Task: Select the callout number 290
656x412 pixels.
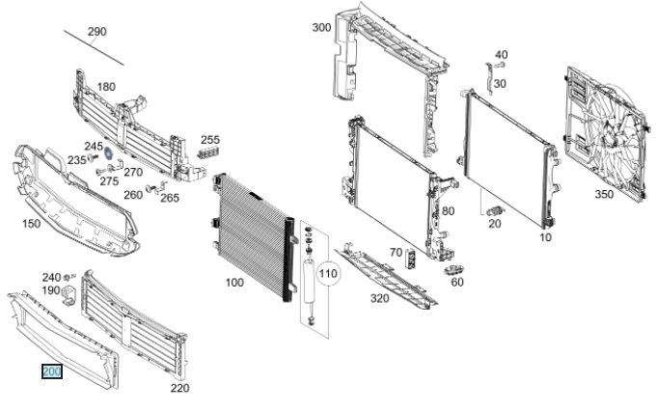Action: pyautogui.click(x=96, y=32)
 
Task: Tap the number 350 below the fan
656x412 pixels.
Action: pyautogui.click(x=603, y=194)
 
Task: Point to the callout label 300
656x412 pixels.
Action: pyautogui.click(x=320, y=27)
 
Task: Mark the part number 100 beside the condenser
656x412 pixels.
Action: pyautogui.click(x=233, y=283)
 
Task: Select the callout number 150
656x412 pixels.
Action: pyautogui.click(x=31, y=223)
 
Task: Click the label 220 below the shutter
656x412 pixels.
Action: pyautogui.click(x=179, y=388)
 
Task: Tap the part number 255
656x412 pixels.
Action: pyautogui.click(x=210, y=139)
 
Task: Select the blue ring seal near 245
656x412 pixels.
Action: pyautogui.click(x=109, y=151)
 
